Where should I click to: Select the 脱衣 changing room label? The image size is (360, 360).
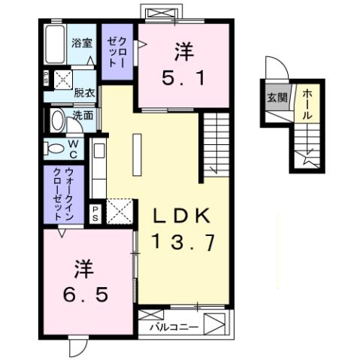click(x=83, y=93)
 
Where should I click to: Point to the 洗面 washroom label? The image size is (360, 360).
click(x=83, y=116)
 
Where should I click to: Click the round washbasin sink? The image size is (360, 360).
click(x=58, y=120)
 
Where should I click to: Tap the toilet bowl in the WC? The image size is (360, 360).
click(x=56, y=147)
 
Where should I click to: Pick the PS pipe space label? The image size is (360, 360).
click(x=96, y=212)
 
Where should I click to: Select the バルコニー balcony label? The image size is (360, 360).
click(x=173, y=328)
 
